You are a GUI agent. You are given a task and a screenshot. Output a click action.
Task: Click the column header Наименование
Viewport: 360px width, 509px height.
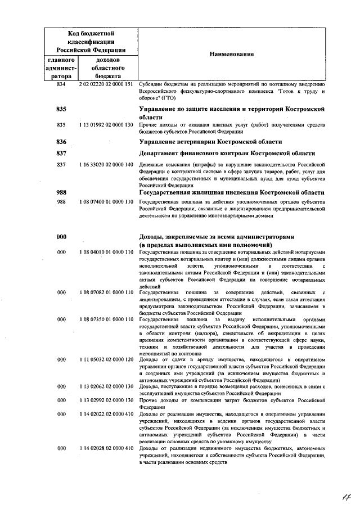tap(231, 54)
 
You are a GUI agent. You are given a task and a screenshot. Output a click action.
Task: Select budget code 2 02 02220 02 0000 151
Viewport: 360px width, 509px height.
tap(106, 84)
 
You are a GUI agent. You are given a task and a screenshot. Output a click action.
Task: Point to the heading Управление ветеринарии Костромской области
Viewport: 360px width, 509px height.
tap(210, 141)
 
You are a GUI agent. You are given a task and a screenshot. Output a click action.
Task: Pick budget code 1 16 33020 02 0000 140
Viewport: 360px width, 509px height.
tap(106, 165)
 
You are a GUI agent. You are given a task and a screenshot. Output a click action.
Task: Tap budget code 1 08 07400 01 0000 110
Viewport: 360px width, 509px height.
tap(106, 201)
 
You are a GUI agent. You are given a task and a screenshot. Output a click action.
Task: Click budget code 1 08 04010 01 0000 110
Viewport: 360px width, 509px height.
tap(106, 253)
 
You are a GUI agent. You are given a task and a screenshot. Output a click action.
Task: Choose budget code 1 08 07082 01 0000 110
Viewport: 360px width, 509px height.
tap(106, 293)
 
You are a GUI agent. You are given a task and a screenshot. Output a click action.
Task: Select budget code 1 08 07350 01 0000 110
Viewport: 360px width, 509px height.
tap(106, 319)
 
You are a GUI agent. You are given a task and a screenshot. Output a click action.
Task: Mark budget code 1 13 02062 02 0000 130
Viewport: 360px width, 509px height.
tap(106, 387)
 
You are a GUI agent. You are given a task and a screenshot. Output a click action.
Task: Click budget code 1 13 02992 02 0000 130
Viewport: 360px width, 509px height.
tap(106, 400)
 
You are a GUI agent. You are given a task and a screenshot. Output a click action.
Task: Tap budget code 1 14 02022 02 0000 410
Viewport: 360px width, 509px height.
tap(106, 414)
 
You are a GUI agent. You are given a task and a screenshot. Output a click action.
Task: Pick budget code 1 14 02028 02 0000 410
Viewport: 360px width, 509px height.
tap(106, 448)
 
